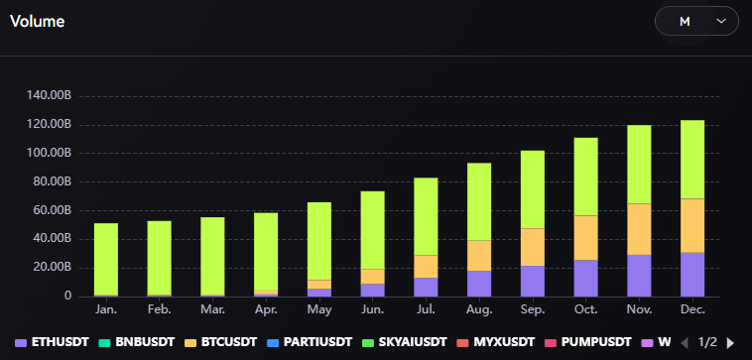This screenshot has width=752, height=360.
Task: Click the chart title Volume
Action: tap(38, 20)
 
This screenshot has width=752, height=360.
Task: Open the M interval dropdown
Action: tap(696, 21)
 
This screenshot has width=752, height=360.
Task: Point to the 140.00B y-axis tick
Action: tap(51, 96)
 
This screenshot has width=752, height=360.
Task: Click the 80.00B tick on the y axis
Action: tap(54, 182)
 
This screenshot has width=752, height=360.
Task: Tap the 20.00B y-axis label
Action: tap(54, 268)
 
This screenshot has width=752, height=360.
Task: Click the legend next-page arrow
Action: tap(731, 342)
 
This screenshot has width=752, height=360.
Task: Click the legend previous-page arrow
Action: tap(684, 342)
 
